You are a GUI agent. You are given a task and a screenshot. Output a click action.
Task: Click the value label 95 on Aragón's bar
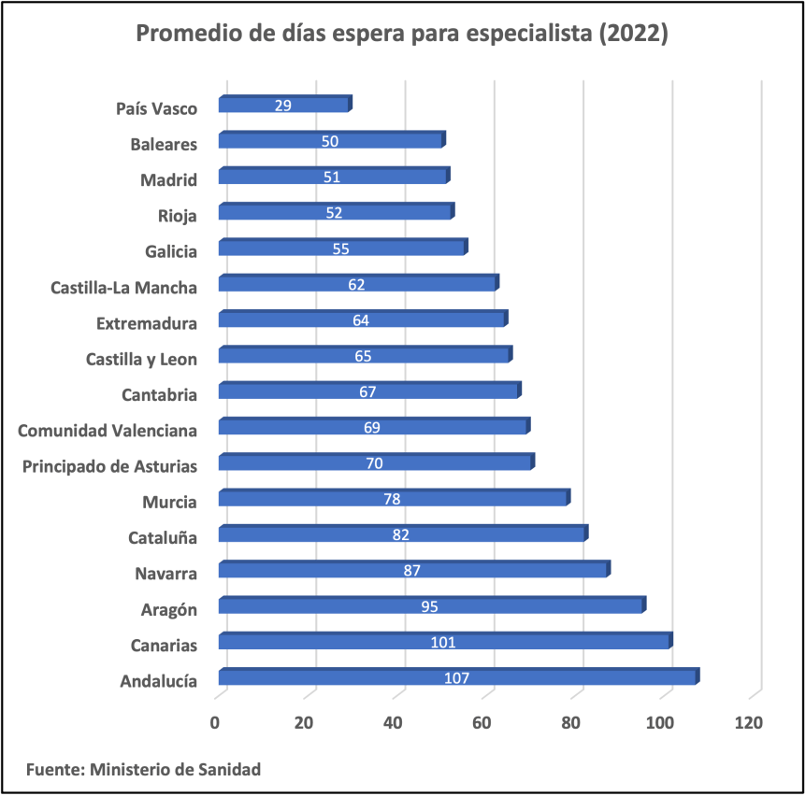pos(429,606)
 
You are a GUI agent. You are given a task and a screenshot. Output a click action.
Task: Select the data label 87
pos(411,571)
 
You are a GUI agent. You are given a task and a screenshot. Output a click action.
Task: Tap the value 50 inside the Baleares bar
pos(329,141)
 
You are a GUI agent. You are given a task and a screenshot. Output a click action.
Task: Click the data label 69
pos(371,427)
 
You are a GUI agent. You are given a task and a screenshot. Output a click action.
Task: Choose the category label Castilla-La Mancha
pos(123,287)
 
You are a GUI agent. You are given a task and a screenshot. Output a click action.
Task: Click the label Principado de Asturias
pos(109,465)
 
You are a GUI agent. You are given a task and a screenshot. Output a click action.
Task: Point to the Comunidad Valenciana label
pos(108,430)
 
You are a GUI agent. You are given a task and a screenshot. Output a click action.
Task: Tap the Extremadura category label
pos(147,323)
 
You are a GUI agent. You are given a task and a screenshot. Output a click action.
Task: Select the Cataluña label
pos(163,537)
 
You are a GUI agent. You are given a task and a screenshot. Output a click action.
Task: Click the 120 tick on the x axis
pos(749,722)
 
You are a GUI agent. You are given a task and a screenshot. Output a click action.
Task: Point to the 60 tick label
pos(482,722)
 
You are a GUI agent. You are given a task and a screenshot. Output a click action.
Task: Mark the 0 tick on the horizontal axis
pos(215,722)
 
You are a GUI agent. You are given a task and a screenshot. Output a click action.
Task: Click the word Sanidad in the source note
pos(229,770)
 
